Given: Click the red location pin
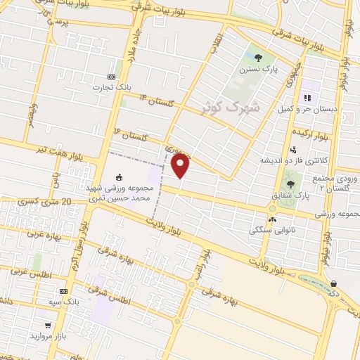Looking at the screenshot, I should point(181,167).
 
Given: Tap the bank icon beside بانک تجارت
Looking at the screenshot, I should point(111,77).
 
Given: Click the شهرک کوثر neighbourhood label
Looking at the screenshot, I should point(229,107).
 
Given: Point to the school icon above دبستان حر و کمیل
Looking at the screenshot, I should point(307,98).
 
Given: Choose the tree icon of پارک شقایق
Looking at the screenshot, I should point(290,184).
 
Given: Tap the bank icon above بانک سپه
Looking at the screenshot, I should point(64,291).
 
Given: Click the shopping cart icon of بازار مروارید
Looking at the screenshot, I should point(46,326).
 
